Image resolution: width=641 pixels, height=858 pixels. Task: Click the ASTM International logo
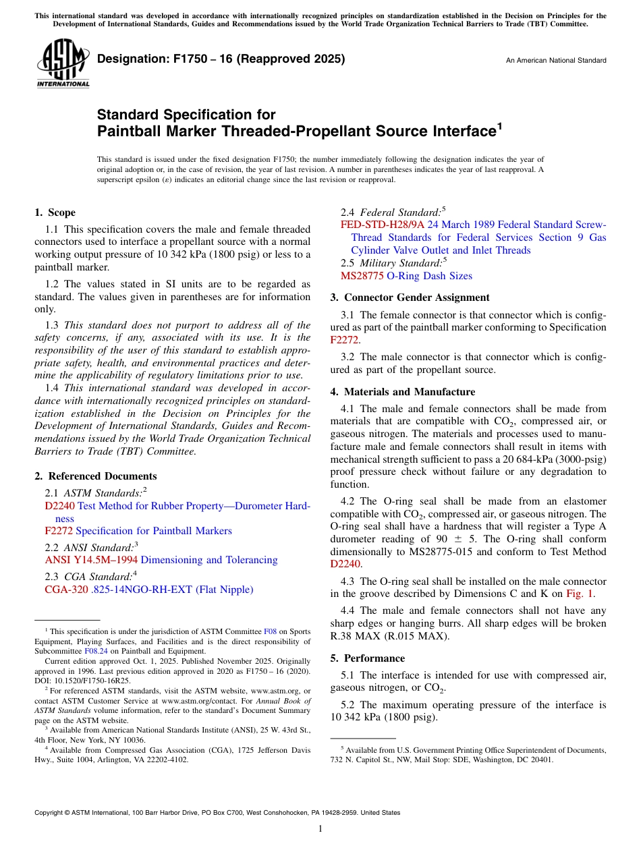point(63,64)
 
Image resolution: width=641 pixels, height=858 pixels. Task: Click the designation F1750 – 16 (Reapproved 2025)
point(221,59)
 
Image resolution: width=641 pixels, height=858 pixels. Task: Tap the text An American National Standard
point(556,61)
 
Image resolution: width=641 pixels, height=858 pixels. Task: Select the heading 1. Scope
point(55,212)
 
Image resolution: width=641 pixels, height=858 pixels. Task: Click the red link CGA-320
point(66,590)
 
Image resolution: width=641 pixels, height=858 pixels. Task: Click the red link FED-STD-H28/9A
point(382,225)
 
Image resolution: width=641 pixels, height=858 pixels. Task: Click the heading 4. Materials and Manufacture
point(403,392)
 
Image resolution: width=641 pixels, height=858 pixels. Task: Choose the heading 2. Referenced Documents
point(96,476)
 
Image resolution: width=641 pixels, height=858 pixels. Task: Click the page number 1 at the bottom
point(320,829)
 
